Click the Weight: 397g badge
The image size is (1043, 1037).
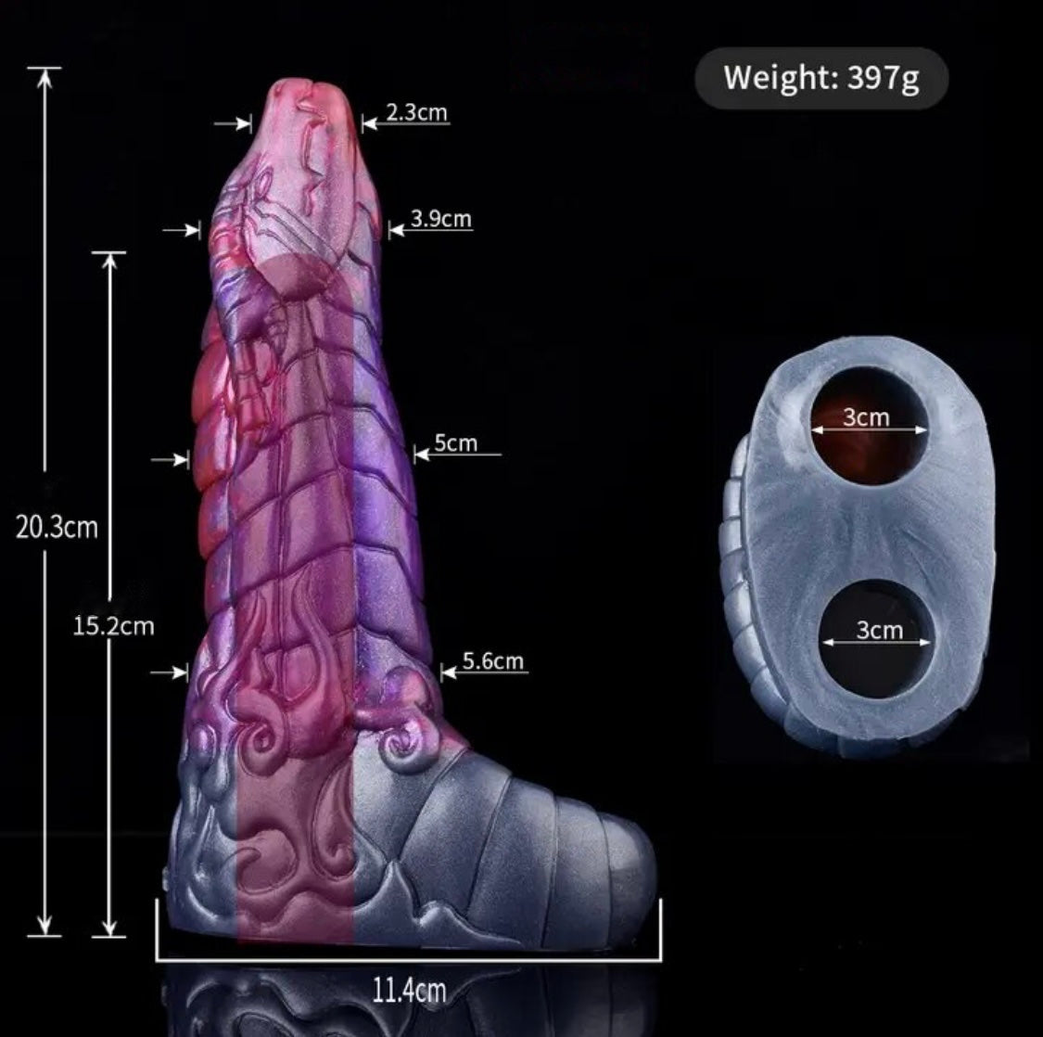[821, 78]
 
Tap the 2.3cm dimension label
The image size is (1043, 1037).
[417, 112]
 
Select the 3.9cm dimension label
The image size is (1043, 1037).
[441, 218]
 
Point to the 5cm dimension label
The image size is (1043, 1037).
[455, 442]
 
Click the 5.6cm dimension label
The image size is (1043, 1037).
[493, 661]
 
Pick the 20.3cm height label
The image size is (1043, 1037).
[57, 527]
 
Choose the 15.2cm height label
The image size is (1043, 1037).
[114, 626]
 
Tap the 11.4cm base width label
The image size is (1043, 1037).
[409, 991]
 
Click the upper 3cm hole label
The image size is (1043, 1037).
[866, 417]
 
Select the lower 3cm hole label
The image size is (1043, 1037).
[880, 630]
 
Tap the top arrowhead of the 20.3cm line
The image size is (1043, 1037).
[45, 78]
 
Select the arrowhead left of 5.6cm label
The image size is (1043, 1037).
[449, 672]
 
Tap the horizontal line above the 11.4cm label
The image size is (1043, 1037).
[409, 960]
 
